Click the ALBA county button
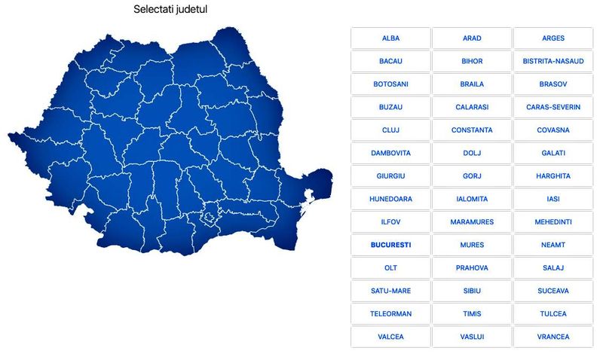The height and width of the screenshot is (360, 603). [x=390, y=38]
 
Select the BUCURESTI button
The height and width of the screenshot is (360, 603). [x=390, y=245]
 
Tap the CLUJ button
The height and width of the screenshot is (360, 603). [x=390, y=130]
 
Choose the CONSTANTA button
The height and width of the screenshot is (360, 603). [x=472, y=130]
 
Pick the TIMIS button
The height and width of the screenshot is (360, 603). [x=472, y=313]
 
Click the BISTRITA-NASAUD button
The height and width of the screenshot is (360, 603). [x=553, y=61]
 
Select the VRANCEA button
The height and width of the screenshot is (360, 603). [x=553, y=337]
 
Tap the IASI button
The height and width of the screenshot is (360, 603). [x=553, y=199]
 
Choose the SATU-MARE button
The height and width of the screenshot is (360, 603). [x=390, y=291]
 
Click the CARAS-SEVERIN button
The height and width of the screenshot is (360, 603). [x=553, y=107]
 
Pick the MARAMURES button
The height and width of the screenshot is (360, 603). [x=472, y=222]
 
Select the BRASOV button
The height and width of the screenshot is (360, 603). [x=553, y=84]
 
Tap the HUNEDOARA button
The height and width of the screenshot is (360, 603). [x=390, y=199]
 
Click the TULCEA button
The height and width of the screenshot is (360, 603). [x=553, y=313]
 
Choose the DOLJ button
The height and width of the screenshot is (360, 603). [x=472, y=153]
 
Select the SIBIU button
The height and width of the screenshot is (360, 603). [x=472, y=291]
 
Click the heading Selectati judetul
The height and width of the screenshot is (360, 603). [x=170, y=10]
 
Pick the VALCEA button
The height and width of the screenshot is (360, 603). [x=390, y=337]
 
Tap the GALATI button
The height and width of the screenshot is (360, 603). [x=553, y=153]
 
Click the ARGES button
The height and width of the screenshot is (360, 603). [x=553, y=38]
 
